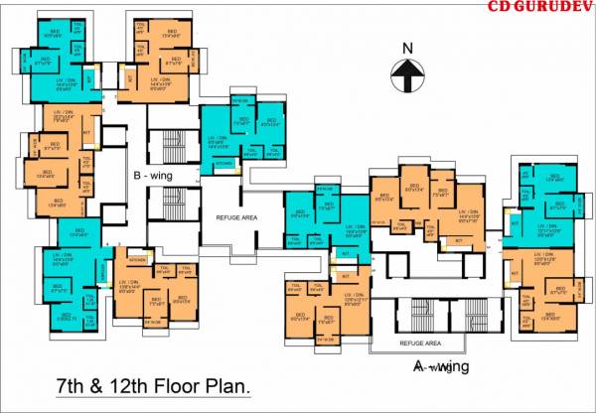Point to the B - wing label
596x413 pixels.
pos(152,176)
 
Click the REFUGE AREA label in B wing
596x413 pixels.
pos(235,215)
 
